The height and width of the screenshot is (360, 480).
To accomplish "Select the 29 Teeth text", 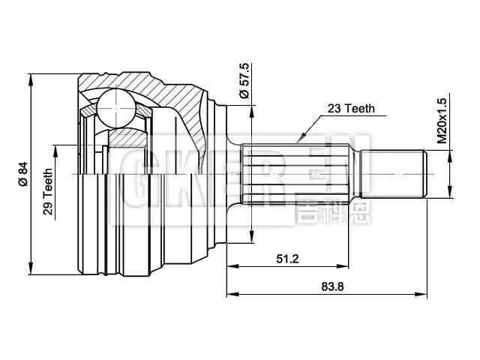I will pos(48,193).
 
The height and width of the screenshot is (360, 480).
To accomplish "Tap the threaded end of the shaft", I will pos(394,174).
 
